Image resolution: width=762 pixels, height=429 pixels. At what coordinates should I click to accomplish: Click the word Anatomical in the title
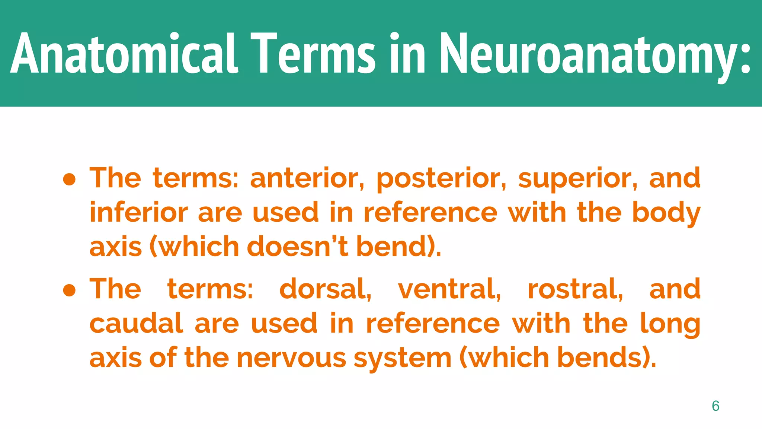pyautogui.click(x=124, y=54)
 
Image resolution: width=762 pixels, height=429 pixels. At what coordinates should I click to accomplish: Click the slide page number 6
pyautogui.click(x=715, y=406)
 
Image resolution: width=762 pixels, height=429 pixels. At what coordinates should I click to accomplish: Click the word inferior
pyautogui.click(x=139, y=213)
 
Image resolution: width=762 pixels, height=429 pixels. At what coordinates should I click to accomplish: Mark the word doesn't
pyautogui.click(x=298, y=247)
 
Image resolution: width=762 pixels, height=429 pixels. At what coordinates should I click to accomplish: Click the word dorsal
pyautogui.click(x=325, y=289)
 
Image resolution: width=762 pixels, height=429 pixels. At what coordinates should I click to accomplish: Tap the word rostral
pyautogui.click(x=575, y=289)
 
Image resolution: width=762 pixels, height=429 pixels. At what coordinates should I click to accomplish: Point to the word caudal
pyautogui.click(x=136, y=323)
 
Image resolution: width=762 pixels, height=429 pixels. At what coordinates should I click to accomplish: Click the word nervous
pyautogui.click(x=292, y=358)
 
